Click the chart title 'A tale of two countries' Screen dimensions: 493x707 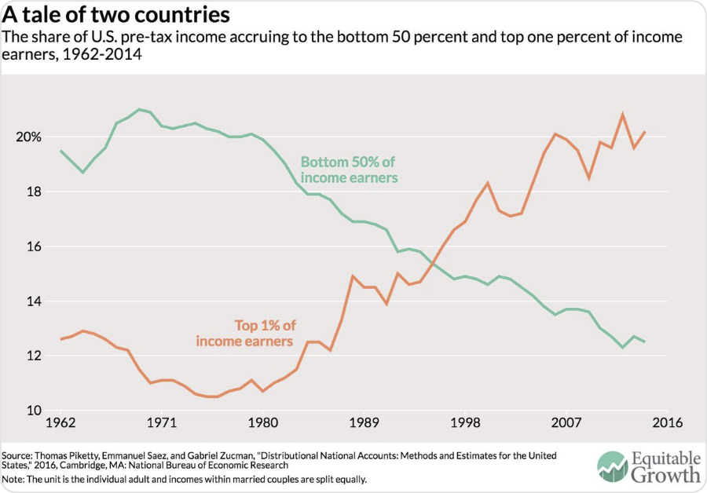point(116,15)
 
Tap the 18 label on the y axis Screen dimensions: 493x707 point(31,192)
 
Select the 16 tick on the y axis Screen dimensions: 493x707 point(31,246)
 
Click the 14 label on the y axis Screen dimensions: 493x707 point(31,301)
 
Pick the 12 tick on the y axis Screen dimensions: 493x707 point(31,356)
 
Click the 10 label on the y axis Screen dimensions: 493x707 point(31,411)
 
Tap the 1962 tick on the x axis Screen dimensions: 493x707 point(60,423)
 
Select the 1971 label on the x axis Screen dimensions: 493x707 point(161,423)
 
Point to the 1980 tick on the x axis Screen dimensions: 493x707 point(262,423)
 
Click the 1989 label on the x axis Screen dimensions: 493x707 point(364,423)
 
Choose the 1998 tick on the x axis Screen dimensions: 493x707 point(465,423)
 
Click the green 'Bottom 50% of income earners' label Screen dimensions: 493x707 point(349,170)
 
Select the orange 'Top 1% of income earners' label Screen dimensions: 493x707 point(244,333)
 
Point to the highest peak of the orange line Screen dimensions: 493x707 point(623,114)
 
